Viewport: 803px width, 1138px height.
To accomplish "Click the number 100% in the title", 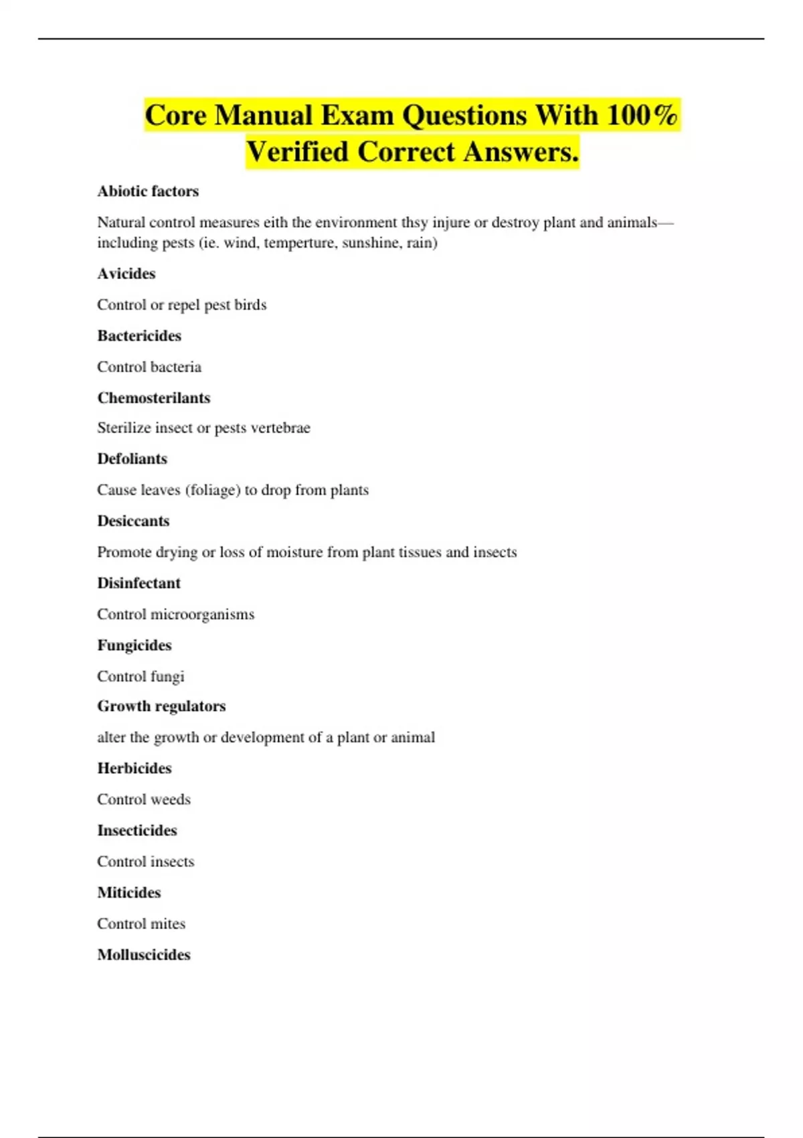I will tap(642, 115).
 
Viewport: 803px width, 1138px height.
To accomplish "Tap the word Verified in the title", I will tap(298, 151).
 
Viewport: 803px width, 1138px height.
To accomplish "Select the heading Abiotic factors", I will tap(148, 191).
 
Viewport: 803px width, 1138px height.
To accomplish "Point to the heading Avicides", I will tap(126, 274).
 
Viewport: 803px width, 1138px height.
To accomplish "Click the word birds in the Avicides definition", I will tap(250, 305).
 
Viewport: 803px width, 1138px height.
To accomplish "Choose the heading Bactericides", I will tap(139, 336).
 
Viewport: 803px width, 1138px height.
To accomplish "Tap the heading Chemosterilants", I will tap(153, 398).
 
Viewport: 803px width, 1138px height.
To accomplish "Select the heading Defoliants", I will tap(132, 459).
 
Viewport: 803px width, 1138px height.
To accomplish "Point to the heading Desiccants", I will tap(133, 521).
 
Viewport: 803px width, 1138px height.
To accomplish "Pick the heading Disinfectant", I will tap(139, 583).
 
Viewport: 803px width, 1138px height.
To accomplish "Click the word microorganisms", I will tap(202, 615).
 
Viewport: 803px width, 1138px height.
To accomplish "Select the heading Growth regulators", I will tap(161, 706).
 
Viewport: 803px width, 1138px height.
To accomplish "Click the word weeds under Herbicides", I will tap(171, 799).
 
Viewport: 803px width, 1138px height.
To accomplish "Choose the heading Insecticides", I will tap(137, 831).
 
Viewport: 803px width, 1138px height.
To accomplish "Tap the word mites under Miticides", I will tap(168, 924).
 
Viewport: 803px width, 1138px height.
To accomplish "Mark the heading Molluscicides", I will tap(144, 955).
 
